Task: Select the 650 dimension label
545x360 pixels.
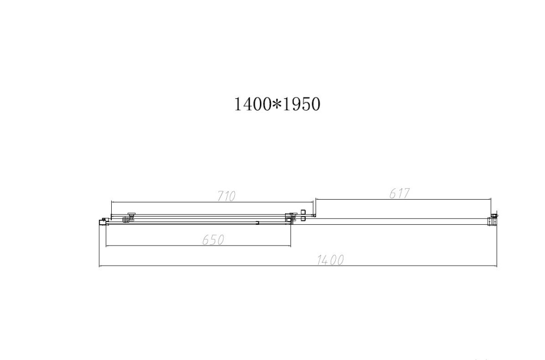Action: coord(214,240)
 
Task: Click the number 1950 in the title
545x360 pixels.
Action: coord(300,104)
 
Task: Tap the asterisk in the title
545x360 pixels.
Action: coord(277,104)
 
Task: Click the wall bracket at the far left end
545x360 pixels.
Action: coord(102,221)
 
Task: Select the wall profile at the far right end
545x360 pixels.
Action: coord(494,218)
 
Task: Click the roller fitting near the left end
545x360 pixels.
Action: coord(129,218)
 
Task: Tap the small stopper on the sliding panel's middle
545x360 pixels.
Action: coord(257,222)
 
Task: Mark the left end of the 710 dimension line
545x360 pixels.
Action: coord(111,201)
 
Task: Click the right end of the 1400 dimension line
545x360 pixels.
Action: coord(496,266)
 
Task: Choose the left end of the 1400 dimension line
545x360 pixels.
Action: coord(99,266)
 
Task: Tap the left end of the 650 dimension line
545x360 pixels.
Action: coord(106,246)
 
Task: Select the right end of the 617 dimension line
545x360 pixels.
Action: coord(492,199)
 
